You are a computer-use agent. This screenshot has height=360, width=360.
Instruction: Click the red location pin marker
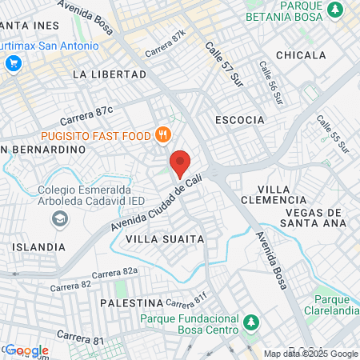[x=181, y=163]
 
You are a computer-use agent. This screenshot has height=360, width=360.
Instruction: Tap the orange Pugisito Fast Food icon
[x=163, y=134]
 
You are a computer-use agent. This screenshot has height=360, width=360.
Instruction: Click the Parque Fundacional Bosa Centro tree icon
[x=253, y=322]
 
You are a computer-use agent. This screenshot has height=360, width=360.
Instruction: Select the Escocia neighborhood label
[x=240, y=120]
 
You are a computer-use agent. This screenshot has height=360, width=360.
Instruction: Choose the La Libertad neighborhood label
[x=110, y=74]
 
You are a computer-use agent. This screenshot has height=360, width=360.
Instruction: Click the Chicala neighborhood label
[x=301, y=55]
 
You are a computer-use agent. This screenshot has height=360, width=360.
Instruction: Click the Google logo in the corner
[x=27, y=350]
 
